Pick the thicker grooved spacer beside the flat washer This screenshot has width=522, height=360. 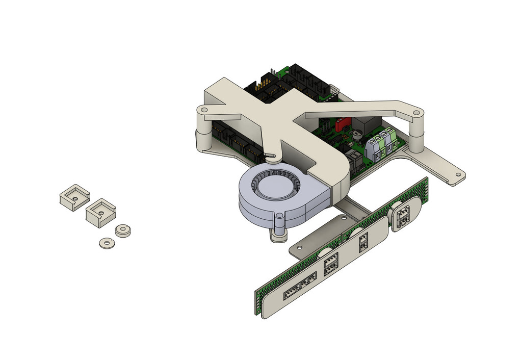pyautogui.click(x=123, y=230)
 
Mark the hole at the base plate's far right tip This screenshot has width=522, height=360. pyautogui.click(x=457, y=175)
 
